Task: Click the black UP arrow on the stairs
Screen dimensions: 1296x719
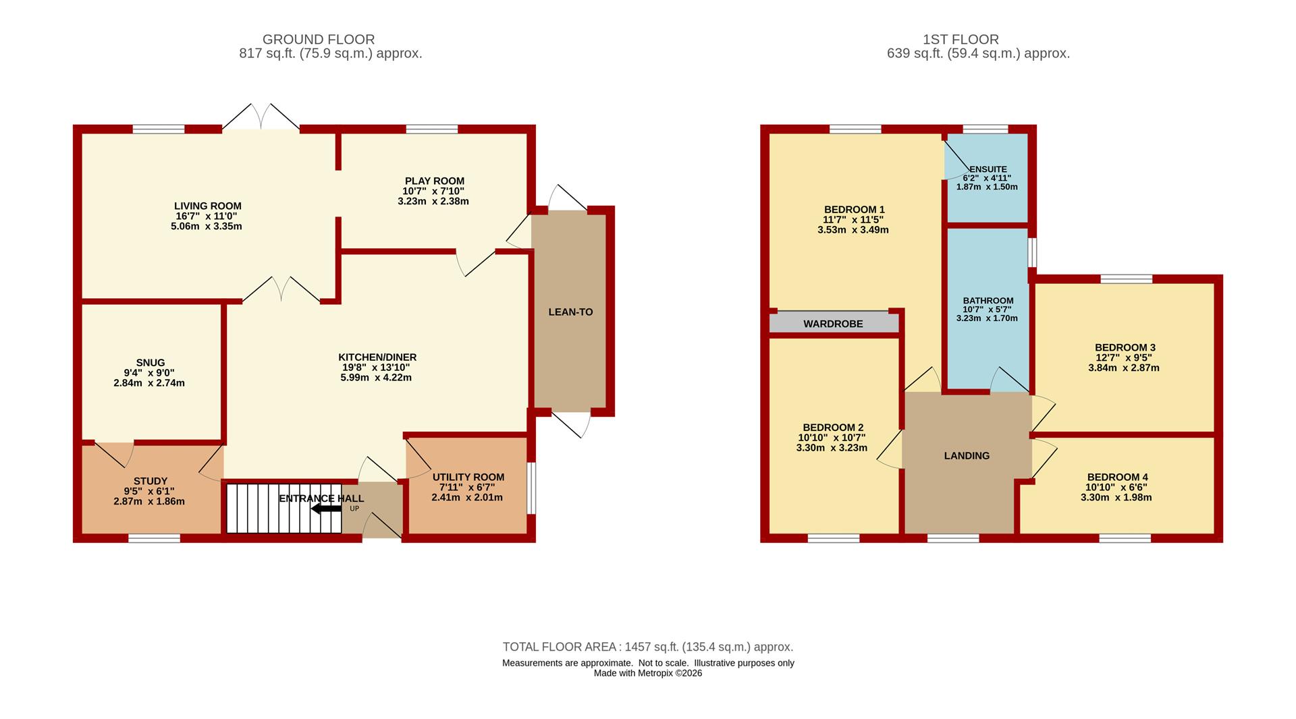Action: tap(326, 509)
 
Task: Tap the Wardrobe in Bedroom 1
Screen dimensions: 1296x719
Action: tap(834, 323)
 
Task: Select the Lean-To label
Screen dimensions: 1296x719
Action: tap(570, 312)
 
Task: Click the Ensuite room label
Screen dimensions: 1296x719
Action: tap(988, 169)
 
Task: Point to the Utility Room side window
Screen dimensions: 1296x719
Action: tap(531, 488)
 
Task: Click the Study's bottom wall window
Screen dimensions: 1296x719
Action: tap(155, 538)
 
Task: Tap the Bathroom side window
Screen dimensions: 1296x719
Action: tap(1033, 252)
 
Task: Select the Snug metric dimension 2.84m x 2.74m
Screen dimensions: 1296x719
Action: tap(149, 383)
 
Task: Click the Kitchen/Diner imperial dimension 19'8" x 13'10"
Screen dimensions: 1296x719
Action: tap(377, 368)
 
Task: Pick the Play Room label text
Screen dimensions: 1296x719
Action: tap(435, 181)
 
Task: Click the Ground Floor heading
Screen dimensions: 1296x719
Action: tap(319, 40)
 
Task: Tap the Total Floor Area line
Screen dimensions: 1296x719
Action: tap(648, 647)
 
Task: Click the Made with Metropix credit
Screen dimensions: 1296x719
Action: tap(648, 673)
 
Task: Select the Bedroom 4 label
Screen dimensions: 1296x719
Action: tap(1116, 477)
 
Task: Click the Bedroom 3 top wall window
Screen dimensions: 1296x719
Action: tap(1127, 279)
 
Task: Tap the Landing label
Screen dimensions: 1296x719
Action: tap(967, 456)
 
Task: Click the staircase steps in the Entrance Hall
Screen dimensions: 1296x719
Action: tap(283, 509)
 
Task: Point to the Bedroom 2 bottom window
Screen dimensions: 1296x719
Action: tap(834, 538)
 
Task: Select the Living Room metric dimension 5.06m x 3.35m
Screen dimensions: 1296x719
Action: tap(207, 227)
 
